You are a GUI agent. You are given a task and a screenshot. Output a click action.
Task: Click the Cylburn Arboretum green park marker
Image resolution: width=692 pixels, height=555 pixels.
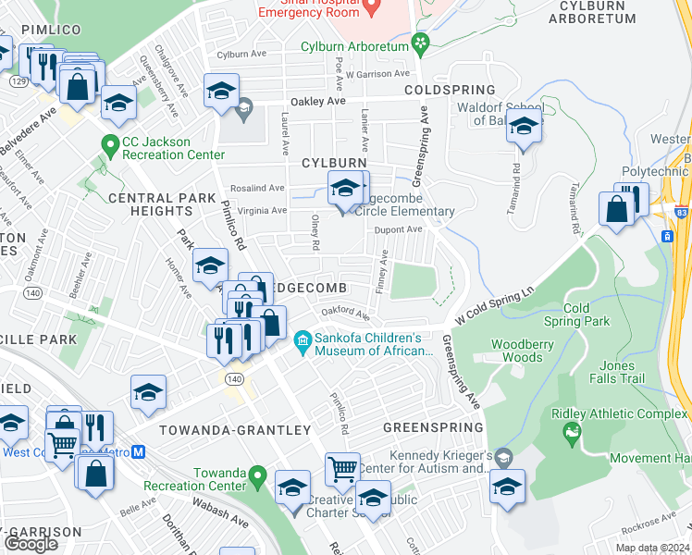(422, 43)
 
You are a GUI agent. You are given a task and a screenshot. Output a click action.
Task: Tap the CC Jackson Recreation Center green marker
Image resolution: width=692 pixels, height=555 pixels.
(109, 146)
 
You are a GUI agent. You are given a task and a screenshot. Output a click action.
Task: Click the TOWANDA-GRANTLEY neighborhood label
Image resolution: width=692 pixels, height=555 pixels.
(235, 430)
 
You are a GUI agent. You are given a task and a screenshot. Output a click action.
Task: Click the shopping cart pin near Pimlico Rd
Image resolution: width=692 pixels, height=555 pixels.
(342, 469)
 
